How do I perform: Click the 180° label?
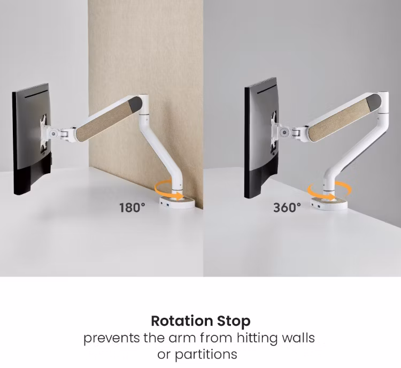click(x=132, y=208)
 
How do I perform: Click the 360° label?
click(x=287, y=208)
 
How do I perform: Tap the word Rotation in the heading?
click(x=182, y=321)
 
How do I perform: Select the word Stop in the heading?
click(x=234, y=321)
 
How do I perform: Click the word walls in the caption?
click(x=298, y=338)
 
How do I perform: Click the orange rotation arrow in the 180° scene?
click(x=169, y=190)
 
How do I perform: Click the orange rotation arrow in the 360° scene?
click(x=329, y=190)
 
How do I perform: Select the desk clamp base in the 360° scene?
click(x=329, y=203)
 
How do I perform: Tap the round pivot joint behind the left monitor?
click(x=53, y=133)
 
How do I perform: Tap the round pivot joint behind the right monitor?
click(x=283, y=133)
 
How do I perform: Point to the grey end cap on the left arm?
click(x=136, y=103)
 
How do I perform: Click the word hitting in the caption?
click(x=257, y=339)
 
